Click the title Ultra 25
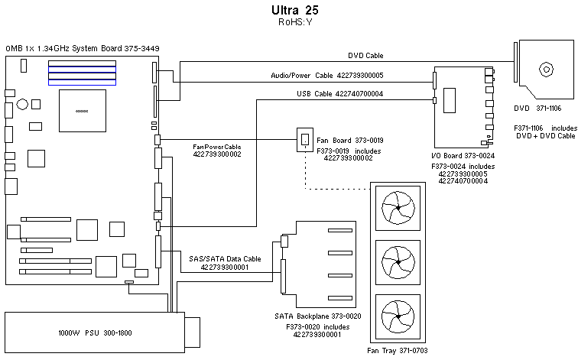294,11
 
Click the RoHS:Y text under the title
294,23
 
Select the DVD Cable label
366,55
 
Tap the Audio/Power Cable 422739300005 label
327,75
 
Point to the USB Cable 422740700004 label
339,94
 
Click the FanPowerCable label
217,145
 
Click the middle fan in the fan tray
398,262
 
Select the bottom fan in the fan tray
398,317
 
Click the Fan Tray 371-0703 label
397,349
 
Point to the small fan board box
305,140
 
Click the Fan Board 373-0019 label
349,140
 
